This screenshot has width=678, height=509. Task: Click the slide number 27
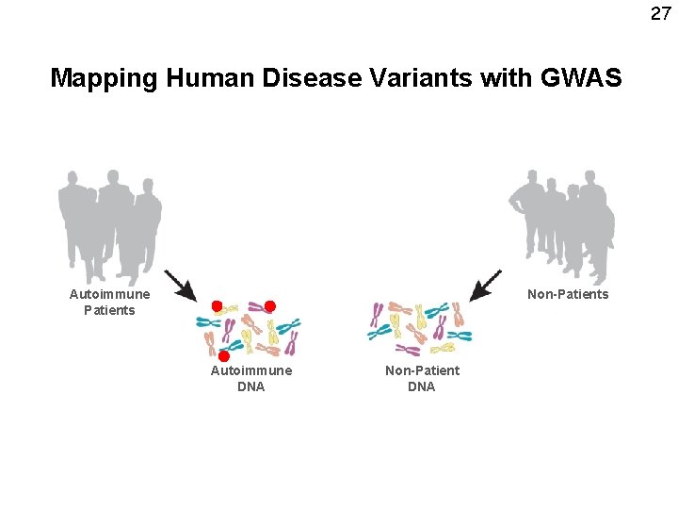coord(660,13)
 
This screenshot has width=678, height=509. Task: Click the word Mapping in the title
coord(105,77)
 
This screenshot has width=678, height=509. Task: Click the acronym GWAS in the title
coord(581,77)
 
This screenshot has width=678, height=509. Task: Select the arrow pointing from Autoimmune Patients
coord(180,286)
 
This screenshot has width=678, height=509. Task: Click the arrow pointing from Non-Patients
coord(486,285)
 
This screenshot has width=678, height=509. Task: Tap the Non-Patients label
coord(568,294)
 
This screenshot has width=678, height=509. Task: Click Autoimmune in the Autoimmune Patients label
coord(109,294)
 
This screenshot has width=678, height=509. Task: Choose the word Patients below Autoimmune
coord(109,310)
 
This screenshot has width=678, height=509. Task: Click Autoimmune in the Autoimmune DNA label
coord(250,370)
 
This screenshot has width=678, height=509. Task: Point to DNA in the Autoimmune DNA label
coord(250,386)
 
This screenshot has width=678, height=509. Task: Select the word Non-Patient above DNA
coord(422,370)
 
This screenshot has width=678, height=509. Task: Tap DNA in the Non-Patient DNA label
coord(422,386)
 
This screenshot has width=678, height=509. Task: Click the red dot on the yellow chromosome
coord(217,306)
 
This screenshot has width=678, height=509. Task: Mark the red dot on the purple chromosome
coord(269,306)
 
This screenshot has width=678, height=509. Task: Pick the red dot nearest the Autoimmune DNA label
coord(224,356)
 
